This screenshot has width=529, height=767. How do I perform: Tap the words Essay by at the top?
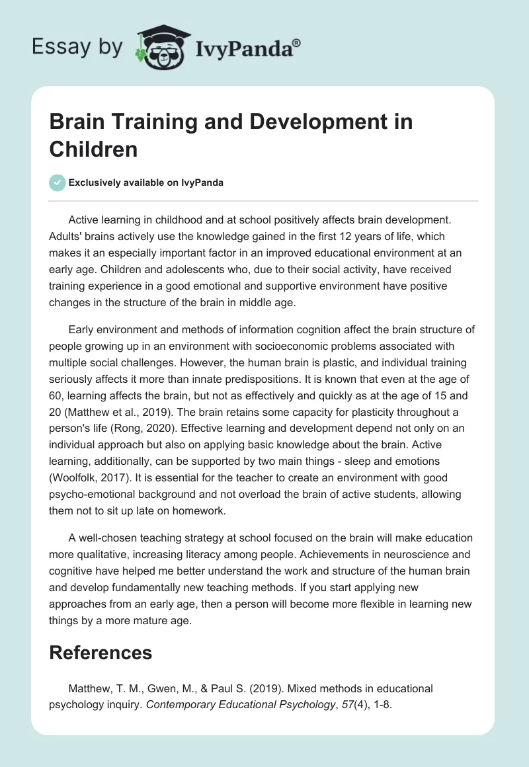(77, 46)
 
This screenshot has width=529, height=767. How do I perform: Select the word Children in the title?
(93, 149)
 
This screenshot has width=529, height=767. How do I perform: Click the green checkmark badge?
(58, 182)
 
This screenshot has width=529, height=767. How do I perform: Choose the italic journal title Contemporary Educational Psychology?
(241, 706)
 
